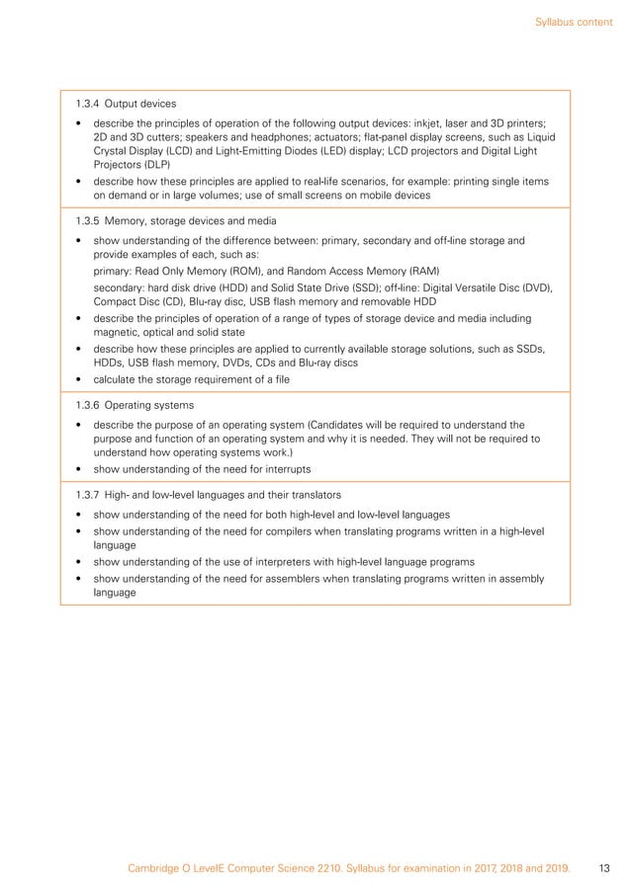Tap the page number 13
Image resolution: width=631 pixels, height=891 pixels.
(x=604, y=869)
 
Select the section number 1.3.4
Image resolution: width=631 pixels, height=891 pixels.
(x=89, y=103)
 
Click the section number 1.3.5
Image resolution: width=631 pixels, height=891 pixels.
(x=89, y=220)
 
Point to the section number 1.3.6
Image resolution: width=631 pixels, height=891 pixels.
(x=89, y=405)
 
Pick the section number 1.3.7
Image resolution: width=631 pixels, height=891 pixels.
(x=89, y=494)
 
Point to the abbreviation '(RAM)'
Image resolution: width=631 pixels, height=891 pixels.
(x=422, y=271)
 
